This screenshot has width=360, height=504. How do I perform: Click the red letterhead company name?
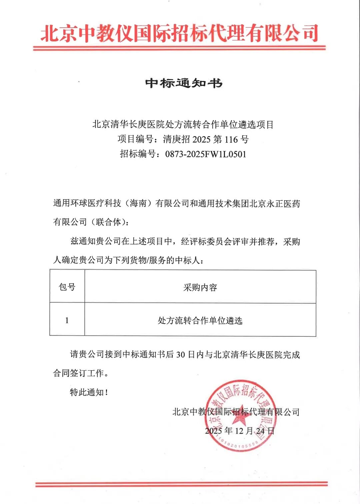[x=179, y=33]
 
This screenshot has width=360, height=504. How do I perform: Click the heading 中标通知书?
[x=184, y=83]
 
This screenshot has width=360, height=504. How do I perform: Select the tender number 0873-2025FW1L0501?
[x=206, y=154]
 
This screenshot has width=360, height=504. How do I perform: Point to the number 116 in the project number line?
[x=231, y=139]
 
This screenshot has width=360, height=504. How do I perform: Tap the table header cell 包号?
[x=67, y=287]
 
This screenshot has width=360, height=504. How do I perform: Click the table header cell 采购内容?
[x=200, y=287]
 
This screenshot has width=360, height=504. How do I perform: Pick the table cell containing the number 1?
[x=67, y=320]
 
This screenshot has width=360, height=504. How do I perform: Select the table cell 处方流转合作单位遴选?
[x=200, y=321]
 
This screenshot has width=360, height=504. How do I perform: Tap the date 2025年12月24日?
[x=240, y=431]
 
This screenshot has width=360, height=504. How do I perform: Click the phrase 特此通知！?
[x=89, y=392]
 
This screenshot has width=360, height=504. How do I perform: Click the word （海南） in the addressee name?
[x=138, y=203]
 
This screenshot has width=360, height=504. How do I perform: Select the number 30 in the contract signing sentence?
[x=180, y=355]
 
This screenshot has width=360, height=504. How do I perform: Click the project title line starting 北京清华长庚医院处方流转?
[x=183, y=124]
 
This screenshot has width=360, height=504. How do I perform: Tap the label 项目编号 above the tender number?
[x=135, y=139]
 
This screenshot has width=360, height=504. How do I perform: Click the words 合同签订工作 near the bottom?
[x=79, y=373]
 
